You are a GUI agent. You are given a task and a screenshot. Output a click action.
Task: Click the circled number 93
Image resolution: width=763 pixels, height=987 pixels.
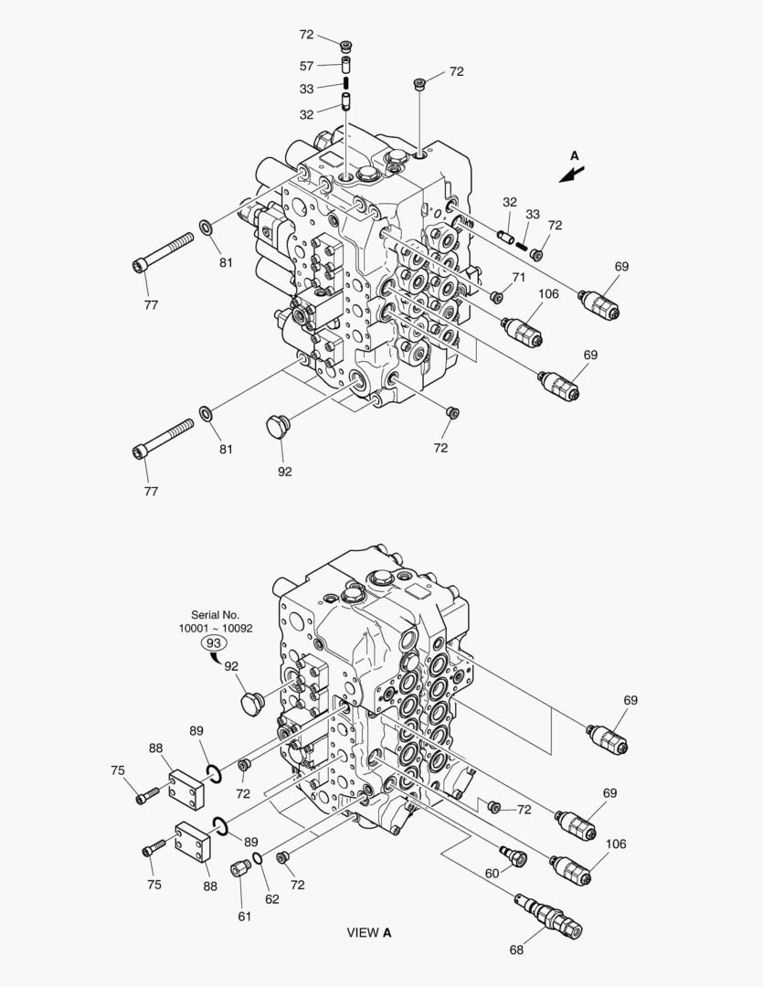[214, 642]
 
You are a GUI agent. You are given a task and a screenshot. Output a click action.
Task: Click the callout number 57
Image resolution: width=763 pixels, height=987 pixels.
[307, 66]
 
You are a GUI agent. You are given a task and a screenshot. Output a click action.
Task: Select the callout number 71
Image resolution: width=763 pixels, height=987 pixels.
[519, 277]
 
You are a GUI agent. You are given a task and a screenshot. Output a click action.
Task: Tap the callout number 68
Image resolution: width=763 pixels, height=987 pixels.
[516, 950]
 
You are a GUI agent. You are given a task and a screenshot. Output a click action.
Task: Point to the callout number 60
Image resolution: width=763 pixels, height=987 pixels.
[492, 874]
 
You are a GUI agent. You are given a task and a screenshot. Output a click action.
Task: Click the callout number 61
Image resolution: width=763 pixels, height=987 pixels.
[244, 917]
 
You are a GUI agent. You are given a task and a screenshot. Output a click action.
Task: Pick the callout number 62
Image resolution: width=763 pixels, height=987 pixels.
[272, 899]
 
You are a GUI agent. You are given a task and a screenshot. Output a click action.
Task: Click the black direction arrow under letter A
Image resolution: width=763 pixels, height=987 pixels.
[572, 175]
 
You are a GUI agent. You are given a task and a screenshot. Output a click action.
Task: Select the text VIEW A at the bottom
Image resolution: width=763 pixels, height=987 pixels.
[369, 932]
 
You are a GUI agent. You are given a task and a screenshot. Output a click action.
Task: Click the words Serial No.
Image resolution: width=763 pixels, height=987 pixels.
[216, 615]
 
